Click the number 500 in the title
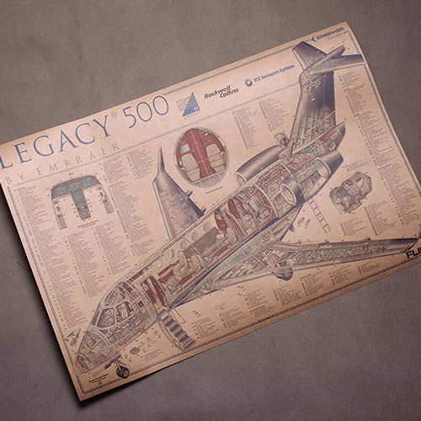click(145, 116)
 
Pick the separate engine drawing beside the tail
click(349, 192)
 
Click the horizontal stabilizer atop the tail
click(328, 61)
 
